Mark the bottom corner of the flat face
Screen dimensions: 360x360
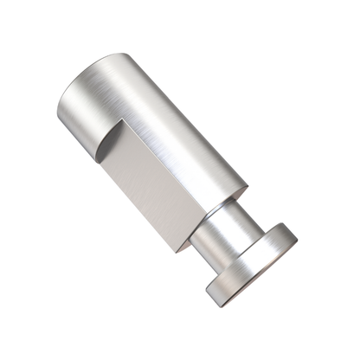(x=178, y=252)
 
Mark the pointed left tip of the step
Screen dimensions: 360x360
(x=96, y=162)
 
